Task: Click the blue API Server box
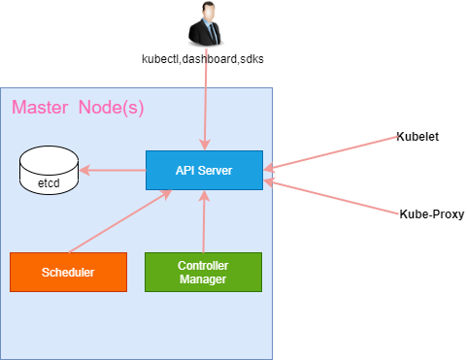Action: point(204,170)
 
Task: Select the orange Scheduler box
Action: point(68,272)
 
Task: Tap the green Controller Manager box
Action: point(203,272)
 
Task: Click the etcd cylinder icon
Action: point(50,171)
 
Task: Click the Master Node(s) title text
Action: point(78,107)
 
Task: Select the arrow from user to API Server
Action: point(205,97)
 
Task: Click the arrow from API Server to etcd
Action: point(113,171)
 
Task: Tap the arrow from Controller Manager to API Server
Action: point(203,221)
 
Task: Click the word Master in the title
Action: point(40,107)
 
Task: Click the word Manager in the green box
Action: point(203,279)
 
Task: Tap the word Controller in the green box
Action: point(203,266)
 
